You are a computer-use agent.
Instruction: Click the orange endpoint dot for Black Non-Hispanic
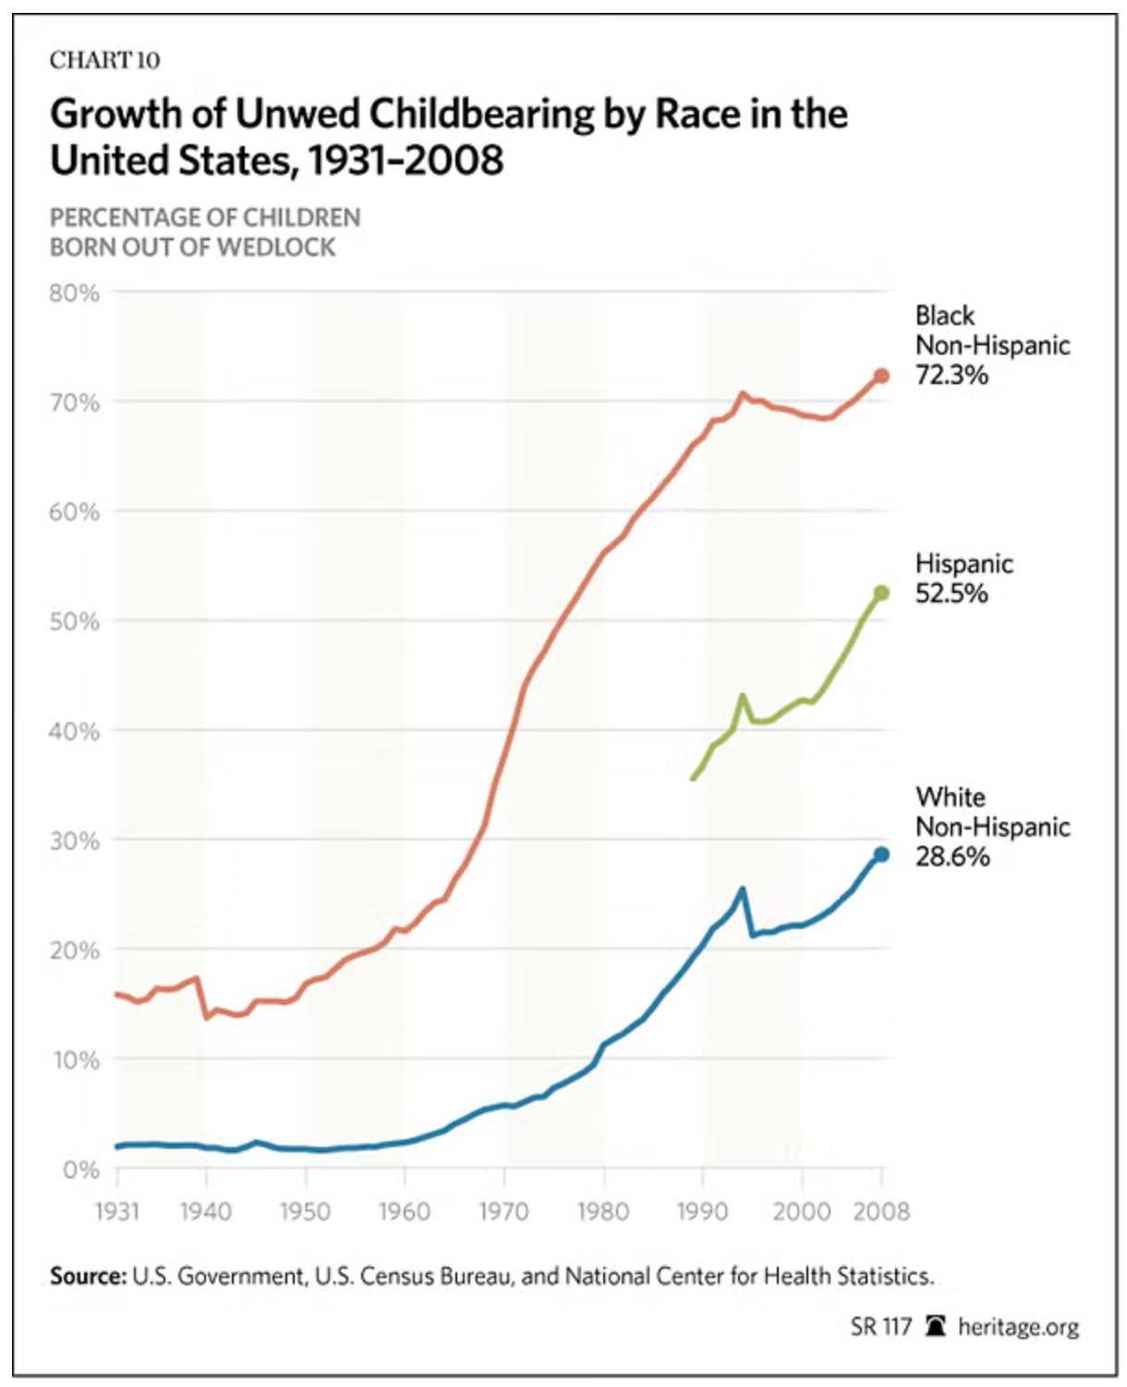coord(881,376)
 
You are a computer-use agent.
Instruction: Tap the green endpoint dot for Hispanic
coord(881,593)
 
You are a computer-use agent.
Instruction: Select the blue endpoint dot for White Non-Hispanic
coord(881,855)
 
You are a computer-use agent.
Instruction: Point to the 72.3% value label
coord(951,375)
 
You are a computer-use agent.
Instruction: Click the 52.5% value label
coord(951,593)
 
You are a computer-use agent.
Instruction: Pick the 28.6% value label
coord(952,856)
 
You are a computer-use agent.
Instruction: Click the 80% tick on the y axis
coord(75,294)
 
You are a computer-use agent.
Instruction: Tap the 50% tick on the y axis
coord(75,621)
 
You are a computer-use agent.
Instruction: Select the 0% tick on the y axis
coord(81,1170)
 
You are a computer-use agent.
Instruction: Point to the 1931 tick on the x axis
coord(117,1211)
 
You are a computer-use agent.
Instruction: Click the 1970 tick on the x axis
coord(504,1211)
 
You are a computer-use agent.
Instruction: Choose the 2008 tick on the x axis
coord(881,1211)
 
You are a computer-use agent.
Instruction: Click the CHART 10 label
coord(104,61)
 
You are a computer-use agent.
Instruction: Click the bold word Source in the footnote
coord(88,1276)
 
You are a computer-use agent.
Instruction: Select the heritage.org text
coord(1018,1327)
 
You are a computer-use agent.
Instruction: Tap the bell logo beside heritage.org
coord(936,1327)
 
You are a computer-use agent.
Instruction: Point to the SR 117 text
coord(880,1327)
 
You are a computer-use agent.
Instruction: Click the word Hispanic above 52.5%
coord(963,563)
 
